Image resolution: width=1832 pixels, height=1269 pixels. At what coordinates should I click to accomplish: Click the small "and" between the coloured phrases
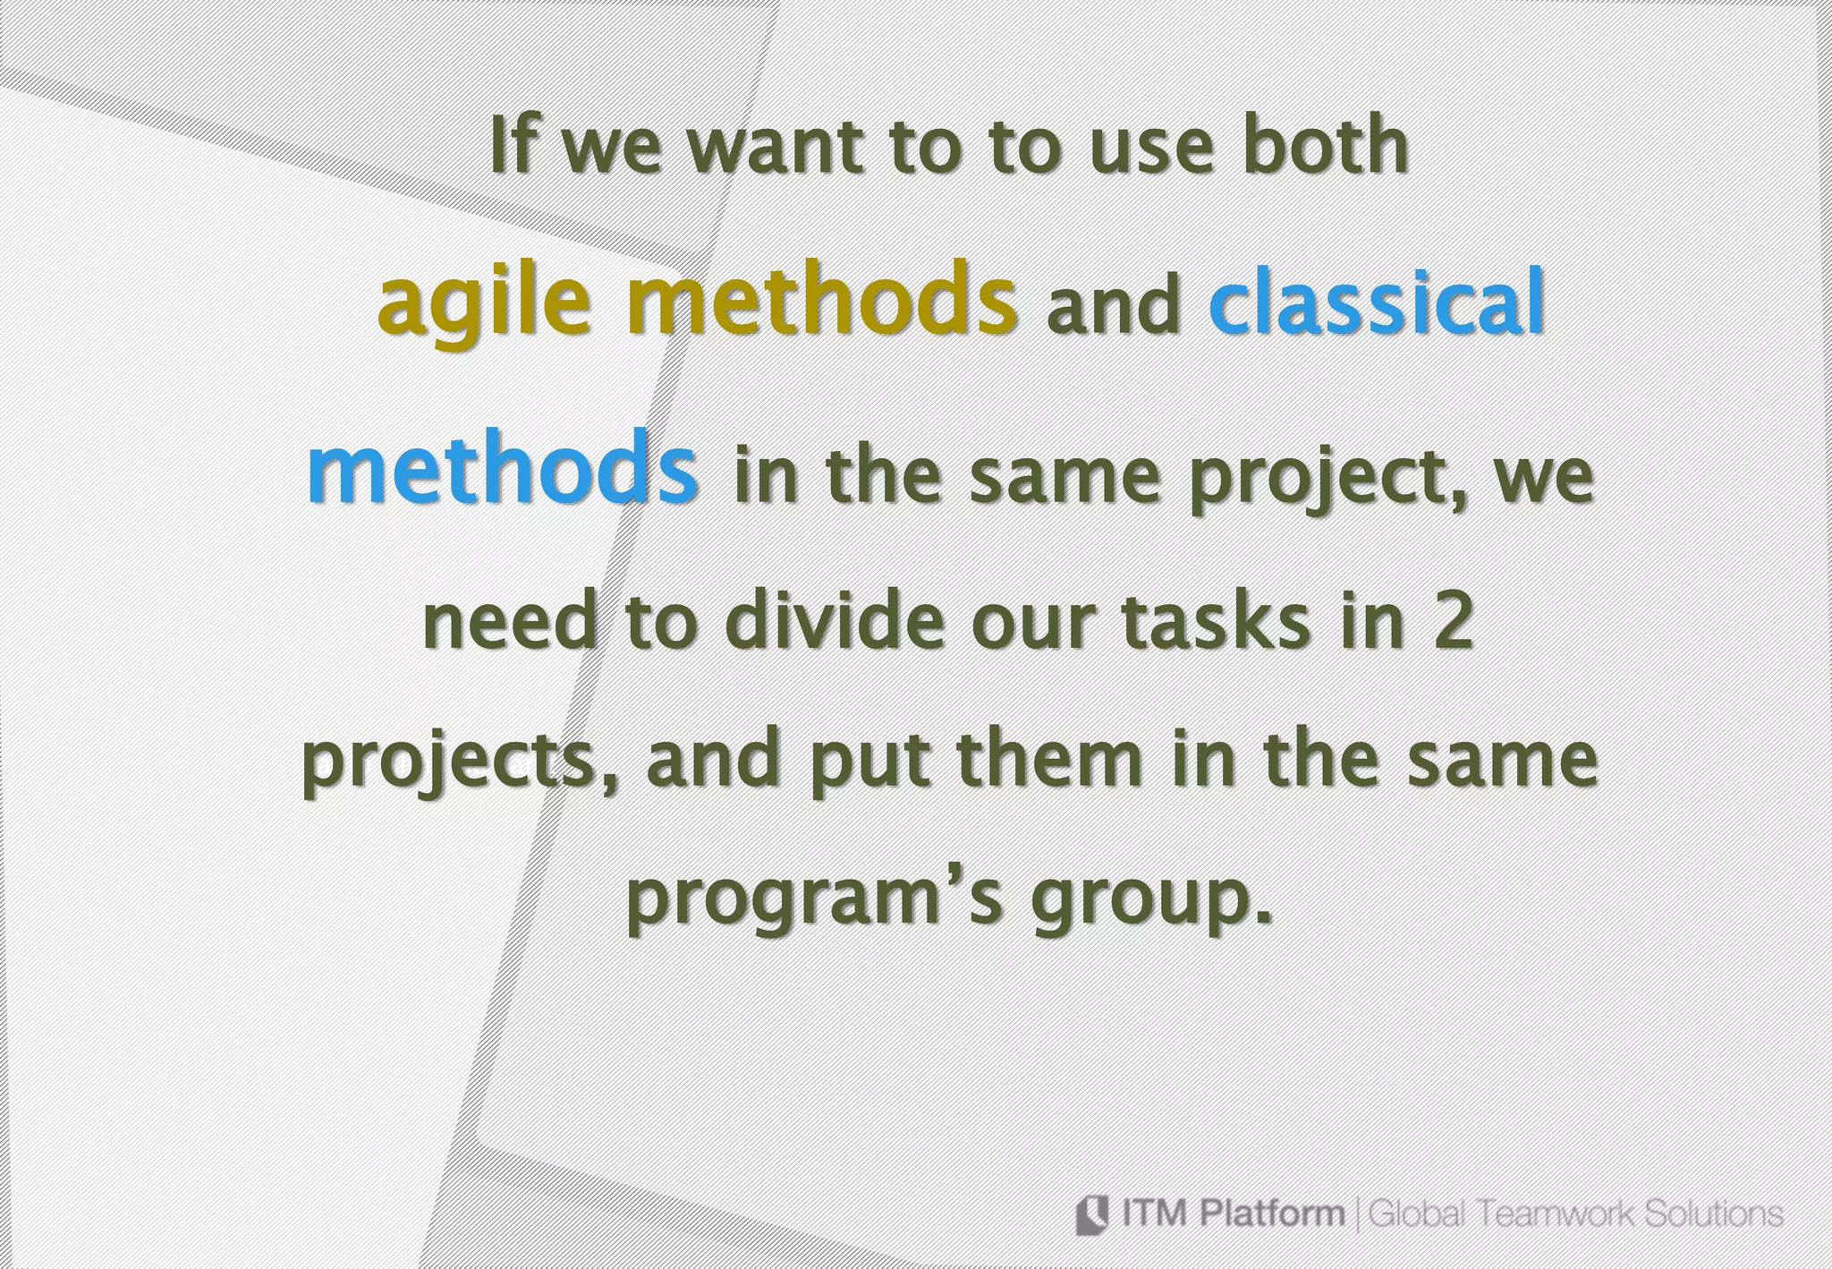[x=1113, y=306]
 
